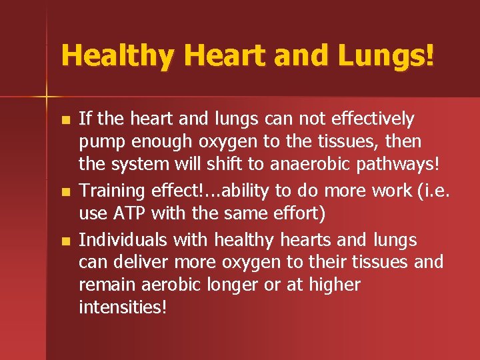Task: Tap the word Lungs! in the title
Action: tap(386, 55)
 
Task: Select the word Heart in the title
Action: tap(216, 55)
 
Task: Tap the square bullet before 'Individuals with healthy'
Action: tap(64, 241)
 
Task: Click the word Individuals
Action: tap(121, 239)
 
